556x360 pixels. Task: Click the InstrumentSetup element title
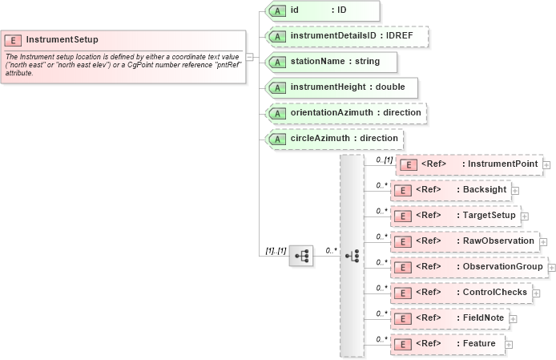pos(62,38)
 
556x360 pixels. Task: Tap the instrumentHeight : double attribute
pos(342,87)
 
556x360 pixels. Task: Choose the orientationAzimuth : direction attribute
pos(345,113)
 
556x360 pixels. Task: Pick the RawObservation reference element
pos(464,241)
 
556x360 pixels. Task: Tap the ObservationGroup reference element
pos(469,266)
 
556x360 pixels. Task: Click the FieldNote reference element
pos(449,318)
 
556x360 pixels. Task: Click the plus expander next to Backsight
pos(515,191)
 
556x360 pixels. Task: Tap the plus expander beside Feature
pos(508,345)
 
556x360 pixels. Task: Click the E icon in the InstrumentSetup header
pos(14,39)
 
